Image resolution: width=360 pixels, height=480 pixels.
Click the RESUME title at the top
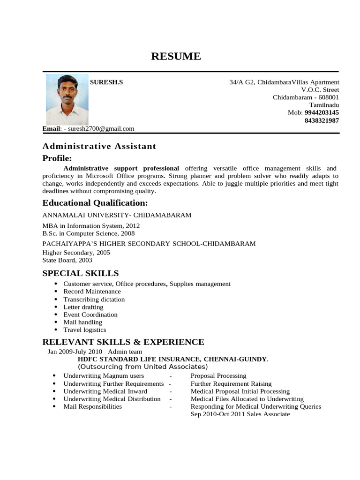tap(176, 57)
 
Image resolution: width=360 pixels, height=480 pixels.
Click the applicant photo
tap(67, 100)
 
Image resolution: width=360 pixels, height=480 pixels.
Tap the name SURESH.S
tap(106, 82)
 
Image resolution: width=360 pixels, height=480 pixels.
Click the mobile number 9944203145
tap(322, 113)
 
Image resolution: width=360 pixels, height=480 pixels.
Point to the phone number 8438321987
tap(322, 120)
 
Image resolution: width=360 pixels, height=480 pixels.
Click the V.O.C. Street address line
tap(320, 90)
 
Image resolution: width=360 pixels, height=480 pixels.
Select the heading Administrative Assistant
tap(99, 146)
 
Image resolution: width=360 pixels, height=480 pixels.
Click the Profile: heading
tap(57, 158)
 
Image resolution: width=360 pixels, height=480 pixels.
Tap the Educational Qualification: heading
tap(95, 203)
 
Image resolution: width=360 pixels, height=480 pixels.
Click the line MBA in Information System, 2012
tap(91, 225)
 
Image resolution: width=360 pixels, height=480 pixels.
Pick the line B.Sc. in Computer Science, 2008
tap(89, 233)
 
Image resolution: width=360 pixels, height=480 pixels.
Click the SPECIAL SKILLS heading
tap(81, 273)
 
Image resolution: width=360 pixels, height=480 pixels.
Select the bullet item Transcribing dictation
tap(94, 299)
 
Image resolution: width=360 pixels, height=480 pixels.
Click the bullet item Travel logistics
tap(85, 330)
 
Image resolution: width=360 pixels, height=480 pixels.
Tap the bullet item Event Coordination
tap(90, 315)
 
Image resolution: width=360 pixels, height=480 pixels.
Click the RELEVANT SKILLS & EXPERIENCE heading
tap(123, 342)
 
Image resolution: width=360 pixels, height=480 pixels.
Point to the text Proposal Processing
tap(218, 375)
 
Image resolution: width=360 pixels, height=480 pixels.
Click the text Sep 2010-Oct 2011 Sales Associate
tap(240, 414)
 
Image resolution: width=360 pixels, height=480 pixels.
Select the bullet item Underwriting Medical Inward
tap(105, 391)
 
